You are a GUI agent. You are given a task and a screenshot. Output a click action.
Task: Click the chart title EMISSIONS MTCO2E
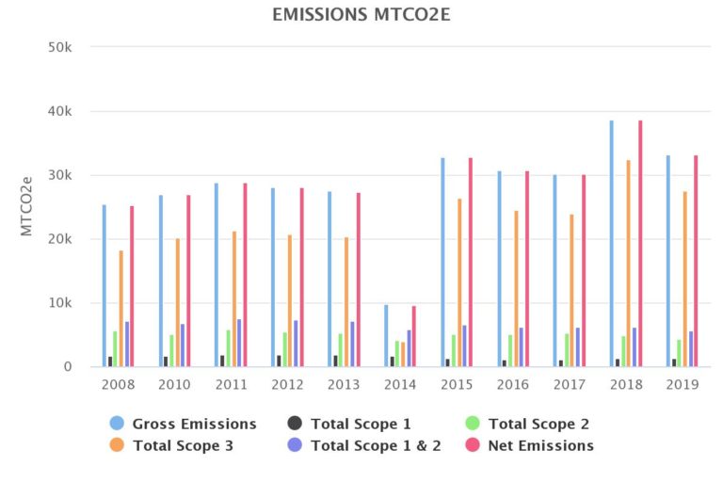click(361, 14)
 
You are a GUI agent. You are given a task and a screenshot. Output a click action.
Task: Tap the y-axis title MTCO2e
click(28, 205)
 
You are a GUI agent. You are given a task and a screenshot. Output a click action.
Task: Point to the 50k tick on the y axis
click(73, 47)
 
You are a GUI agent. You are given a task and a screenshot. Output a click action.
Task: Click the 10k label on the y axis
click(73, 303)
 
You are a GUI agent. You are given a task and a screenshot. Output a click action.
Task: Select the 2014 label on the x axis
click(400, 384)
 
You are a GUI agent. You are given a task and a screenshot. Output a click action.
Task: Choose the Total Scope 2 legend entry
click(530, 424)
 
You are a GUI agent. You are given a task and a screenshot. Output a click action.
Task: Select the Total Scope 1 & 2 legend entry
click(369, 445)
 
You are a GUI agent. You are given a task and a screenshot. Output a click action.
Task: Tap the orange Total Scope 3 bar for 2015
click(459, 282)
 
